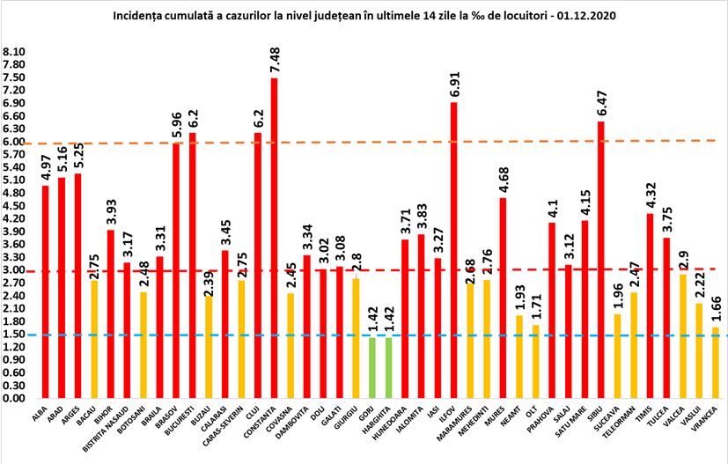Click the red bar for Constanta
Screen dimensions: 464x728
274,238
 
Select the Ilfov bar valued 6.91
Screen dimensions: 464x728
453,250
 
